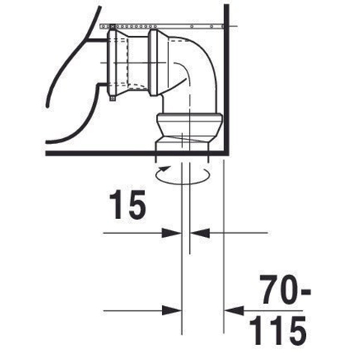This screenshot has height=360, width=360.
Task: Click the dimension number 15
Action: [x=127, y=205]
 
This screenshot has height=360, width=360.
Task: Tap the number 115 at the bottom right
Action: [x=278, y=331]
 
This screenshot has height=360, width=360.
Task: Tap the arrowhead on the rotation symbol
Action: [x=163, y=169]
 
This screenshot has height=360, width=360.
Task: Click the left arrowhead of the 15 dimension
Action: [x=172, y=233]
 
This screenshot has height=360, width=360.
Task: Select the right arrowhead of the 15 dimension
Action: [x=200, y=233]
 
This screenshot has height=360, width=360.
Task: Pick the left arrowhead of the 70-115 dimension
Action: [x=172, y=310]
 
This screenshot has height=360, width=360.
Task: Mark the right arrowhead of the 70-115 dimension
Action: [x=234, y=310]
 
